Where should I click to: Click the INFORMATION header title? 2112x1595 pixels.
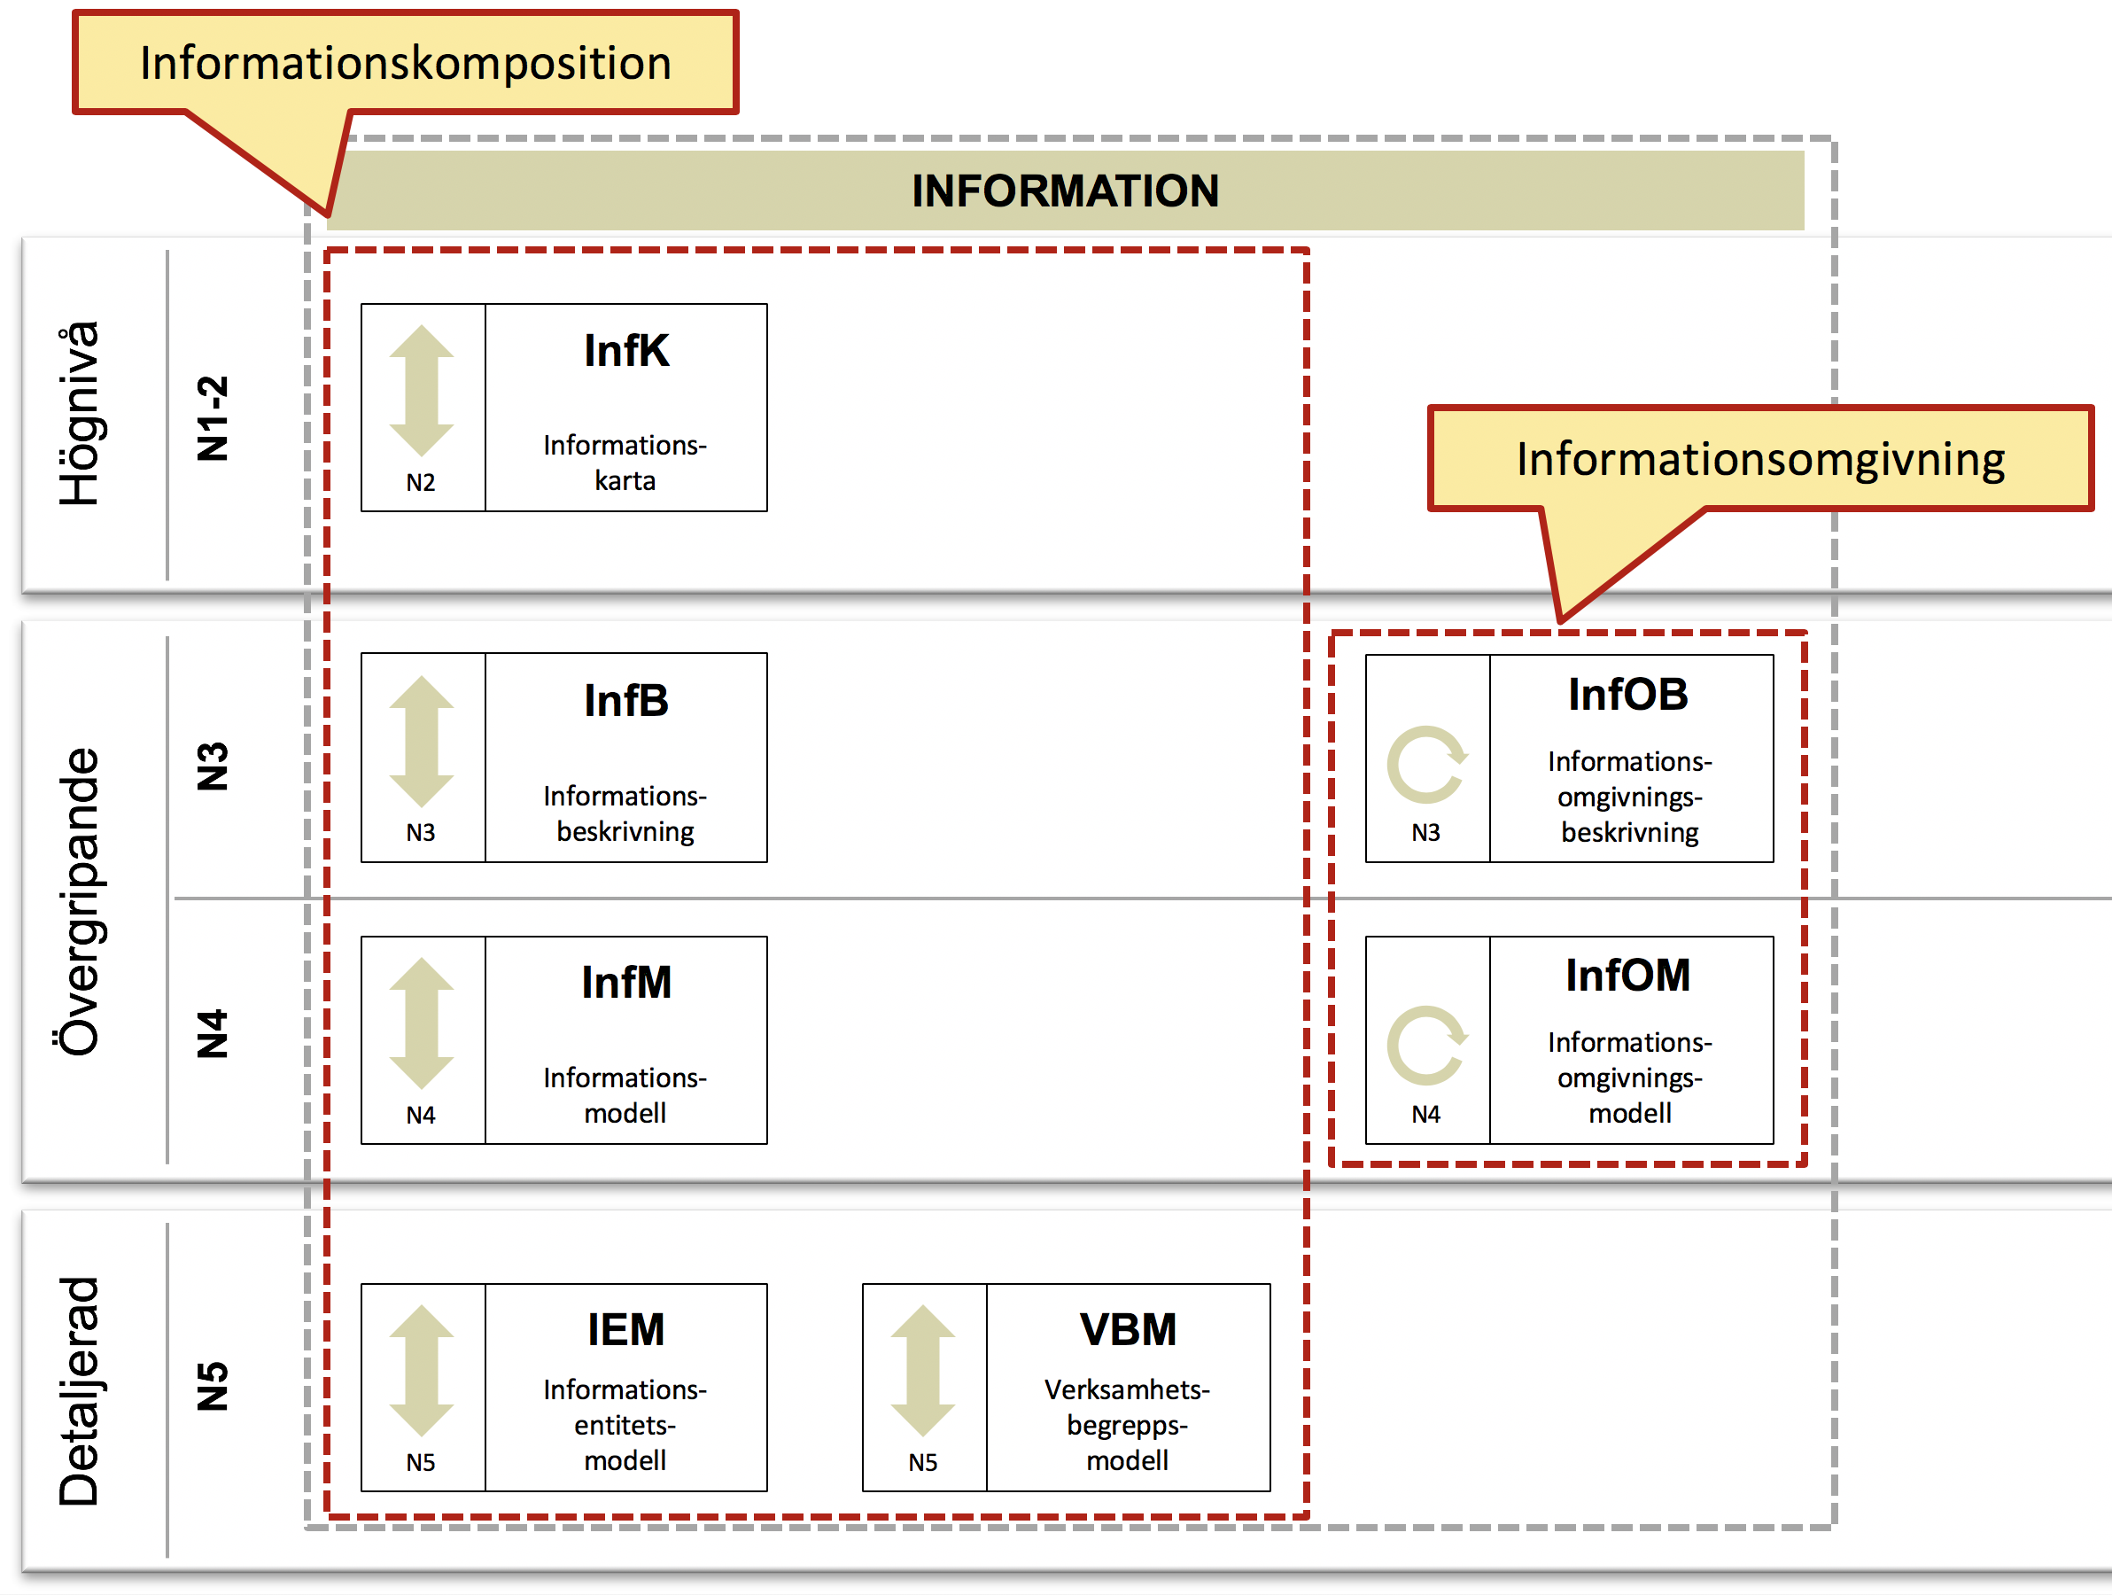click(x=1065, y=190)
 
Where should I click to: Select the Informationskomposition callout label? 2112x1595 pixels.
click(x=406, y=63)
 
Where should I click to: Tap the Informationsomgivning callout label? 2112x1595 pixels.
click(x=1760, y=459)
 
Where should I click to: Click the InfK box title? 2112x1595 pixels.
click(x=626, y=351)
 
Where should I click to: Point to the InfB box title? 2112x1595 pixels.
click(x=626, y=700)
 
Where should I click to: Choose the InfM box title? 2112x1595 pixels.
click(x=626, y=982)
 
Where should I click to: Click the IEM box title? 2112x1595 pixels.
click(x=626, y=1329)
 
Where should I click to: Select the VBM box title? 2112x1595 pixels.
click(x=1128, y=1329)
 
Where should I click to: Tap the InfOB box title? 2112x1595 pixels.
click(x=1628, y=695)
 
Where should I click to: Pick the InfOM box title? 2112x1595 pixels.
click(x=1628, y=975)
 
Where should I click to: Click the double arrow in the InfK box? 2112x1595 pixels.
click(x=421, y=391)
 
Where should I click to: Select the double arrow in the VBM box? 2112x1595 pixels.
click(x=922, y=1371)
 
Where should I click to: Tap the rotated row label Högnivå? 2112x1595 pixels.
click(x=78, y=413)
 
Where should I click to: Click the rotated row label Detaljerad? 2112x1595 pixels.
click(x=78, y=1391)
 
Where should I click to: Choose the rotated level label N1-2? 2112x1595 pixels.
click(x=212, y=418)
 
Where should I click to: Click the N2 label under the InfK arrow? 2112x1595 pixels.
click(x=420, y=482)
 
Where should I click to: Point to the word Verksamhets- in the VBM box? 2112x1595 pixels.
click(x=1127, y=1389)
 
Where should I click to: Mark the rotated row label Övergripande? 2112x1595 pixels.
click(x=78, y=901)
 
